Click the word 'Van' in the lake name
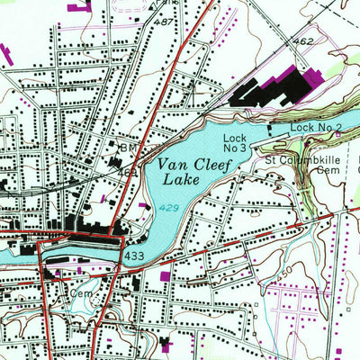[x=174, y=166]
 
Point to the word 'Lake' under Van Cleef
[x=181, y=180]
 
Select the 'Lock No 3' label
[x=234, y=142]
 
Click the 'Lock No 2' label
[x=316, y=129]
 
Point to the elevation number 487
[x=164, y=20]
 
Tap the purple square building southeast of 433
[x=165, y=275]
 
